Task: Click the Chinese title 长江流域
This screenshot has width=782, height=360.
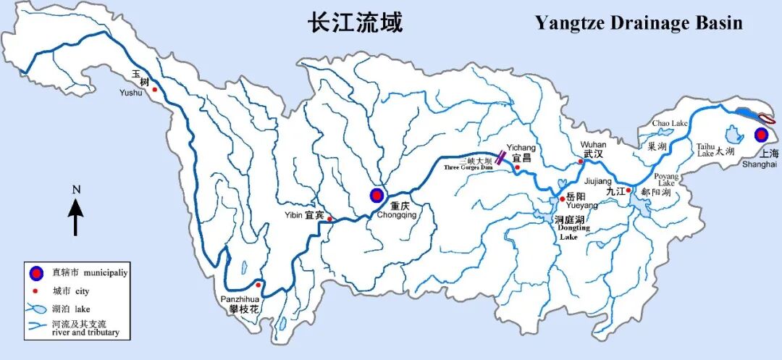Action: (x=355, y=22)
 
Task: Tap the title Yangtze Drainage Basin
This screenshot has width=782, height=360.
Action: (x=639, y=23)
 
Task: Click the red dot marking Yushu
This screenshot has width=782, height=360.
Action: (x=154, y=89)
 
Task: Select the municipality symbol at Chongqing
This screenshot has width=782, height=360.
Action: (x=377, y=195)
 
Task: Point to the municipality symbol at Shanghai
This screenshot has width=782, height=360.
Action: (x=760, y=135)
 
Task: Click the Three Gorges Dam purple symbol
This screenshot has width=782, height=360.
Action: (x=500, y=158)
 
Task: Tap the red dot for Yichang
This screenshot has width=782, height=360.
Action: (x=517, y=167)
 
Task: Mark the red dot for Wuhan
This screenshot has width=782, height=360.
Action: (x=580, y=162)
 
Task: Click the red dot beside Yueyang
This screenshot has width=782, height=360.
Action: (x=562, y=198)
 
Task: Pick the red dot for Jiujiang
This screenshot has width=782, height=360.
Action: (x=628, y=191)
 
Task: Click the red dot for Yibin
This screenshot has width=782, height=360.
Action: (x=329, y=219)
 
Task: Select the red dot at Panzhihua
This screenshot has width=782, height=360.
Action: (x=258, y=285)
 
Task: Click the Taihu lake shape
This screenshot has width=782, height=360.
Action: (x=732, y=134)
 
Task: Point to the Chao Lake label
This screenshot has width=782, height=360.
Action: (x=670, y=124)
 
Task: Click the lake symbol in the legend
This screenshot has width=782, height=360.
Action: (x=35, y=309)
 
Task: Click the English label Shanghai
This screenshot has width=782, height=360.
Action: (x=760, y=164)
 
